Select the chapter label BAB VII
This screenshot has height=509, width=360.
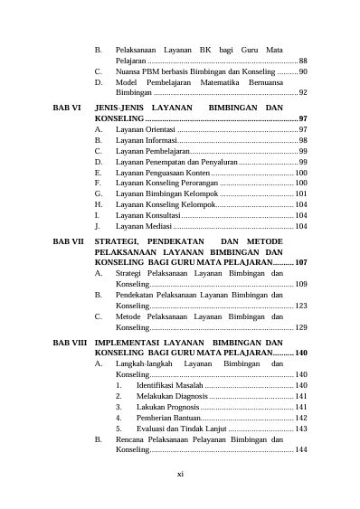click(x=69, y=242)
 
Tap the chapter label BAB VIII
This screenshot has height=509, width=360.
click(x=70, y=344)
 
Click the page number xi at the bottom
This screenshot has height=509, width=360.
click(x=180, y=473)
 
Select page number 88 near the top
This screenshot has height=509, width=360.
click(x=303, y=59)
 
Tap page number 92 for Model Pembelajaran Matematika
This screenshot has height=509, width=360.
click(x=303, y=92)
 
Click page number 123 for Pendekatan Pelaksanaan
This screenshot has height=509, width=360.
click(x=300, y=306)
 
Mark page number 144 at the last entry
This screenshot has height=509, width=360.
click(x=300, y=449)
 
